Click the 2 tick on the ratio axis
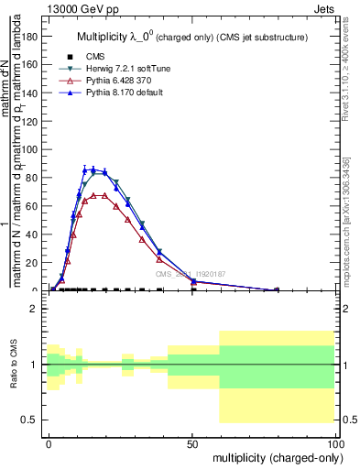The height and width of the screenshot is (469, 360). tap(31, 309)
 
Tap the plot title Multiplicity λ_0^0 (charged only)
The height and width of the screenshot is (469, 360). tap(191, 38)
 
